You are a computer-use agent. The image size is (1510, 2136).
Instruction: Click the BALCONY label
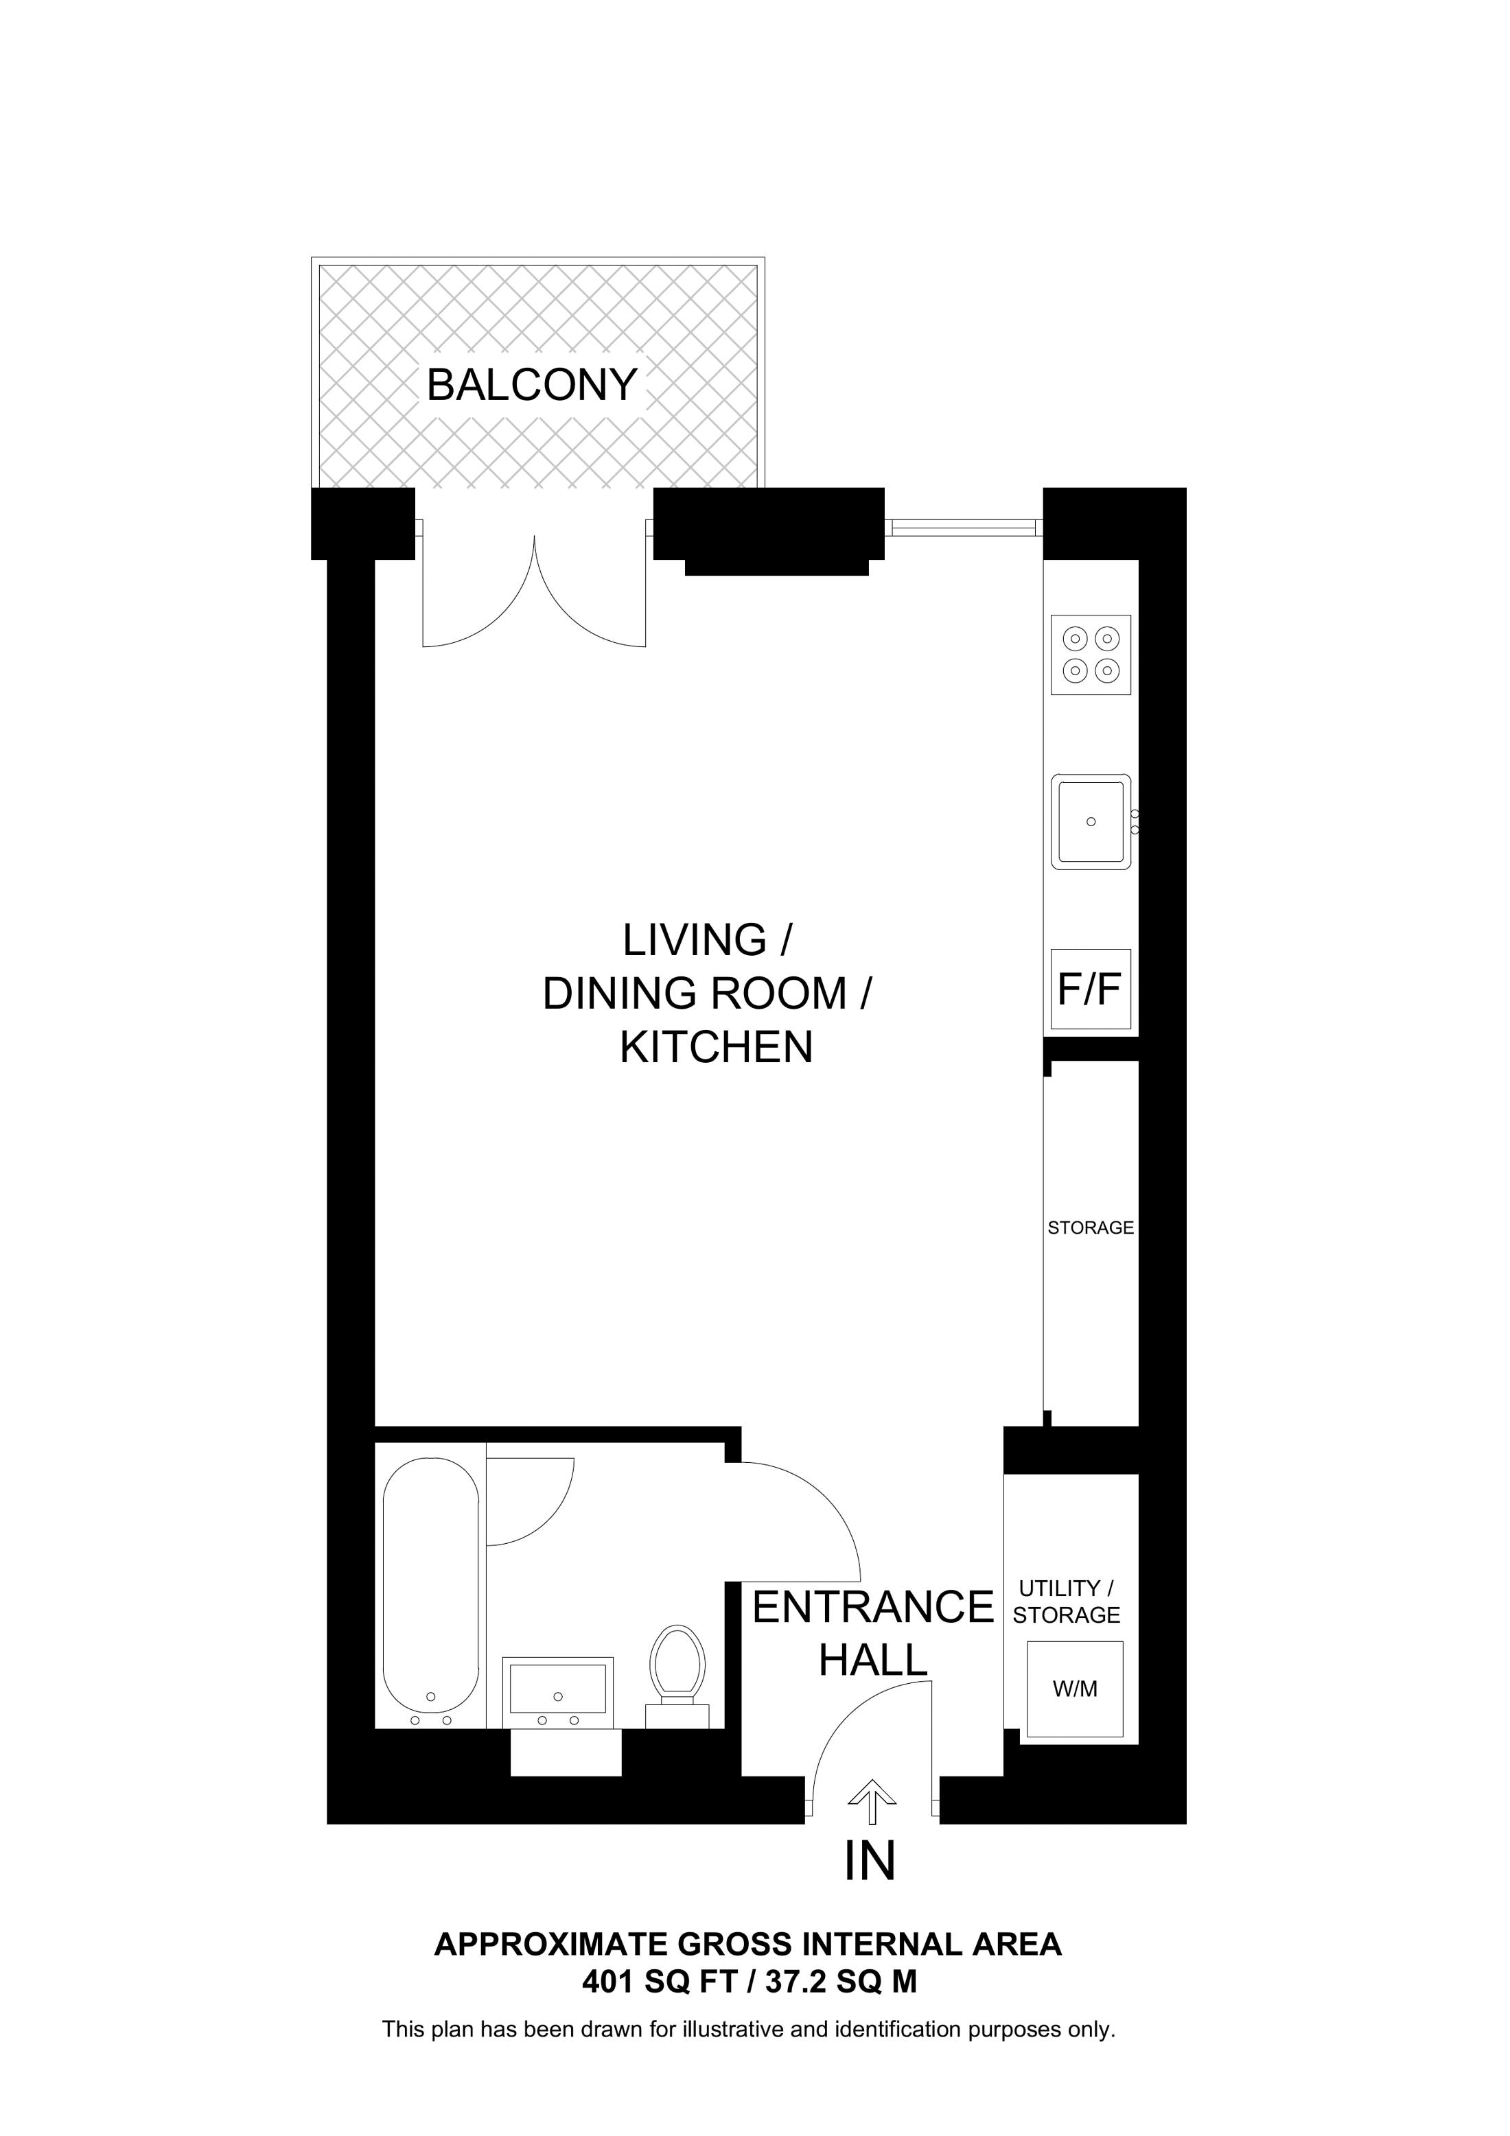point(531,385)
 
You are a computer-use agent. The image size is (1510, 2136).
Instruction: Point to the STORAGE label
point(1091,1228)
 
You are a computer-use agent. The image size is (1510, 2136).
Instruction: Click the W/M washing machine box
point(1075,1689)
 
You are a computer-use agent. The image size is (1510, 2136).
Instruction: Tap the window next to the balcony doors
point(963,528)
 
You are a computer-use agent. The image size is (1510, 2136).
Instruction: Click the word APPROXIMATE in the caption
point(550,1945)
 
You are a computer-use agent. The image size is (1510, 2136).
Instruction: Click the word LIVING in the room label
point(694,941)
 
